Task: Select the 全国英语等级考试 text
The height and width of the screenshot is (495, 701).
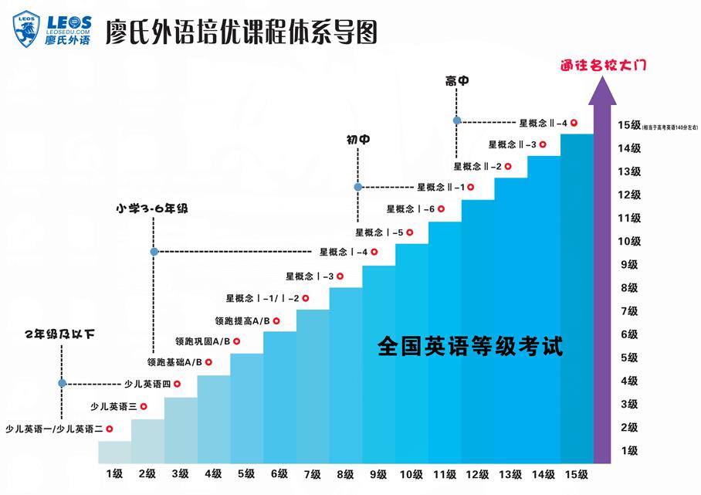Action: (x=470, y=344)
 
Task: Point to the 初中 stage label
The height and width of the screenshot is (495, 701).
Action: (x=357, y=140)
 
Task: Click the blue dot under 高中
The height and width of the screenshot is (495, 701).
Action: (x=457, y=120)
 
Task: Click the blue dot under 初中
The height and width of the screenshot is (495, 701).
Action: (x=357, y=187)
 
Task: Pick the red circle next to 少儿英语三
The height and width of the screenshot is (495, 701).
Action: (x=144, y=406)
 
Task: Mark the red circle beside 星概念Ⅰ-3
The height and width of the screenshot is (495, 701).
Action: (x=340, y=276)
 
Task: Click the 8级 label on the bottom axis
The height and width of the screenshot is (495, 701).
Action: (x=345, y=473)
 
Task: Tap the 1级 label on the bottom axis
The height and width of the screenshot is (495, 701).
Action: (x=114, y=473)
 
